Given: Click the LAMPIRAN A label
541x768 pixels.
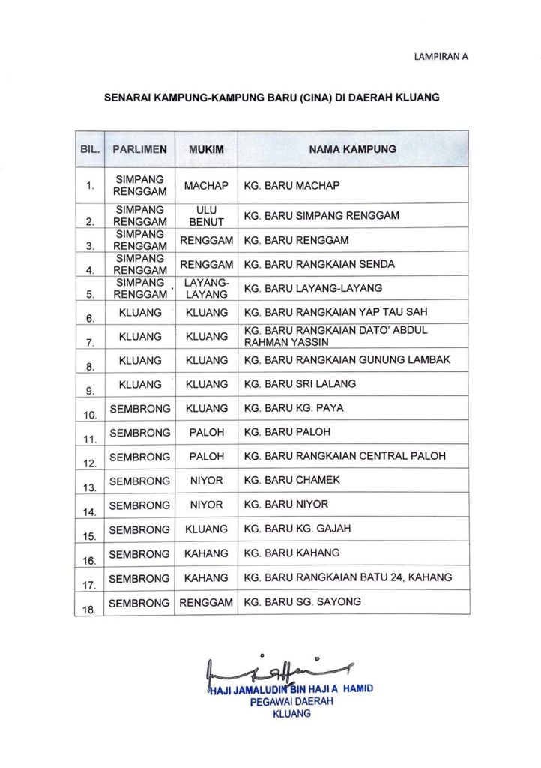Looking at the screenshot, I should pos(441,56).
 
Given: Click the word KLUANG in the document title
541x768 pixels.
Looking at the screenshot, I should pos(414,97).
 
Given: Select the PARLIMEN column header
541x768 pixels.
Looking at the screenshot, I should pos(139,149).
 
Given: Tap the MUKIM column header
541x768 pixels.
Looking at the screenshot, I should pos(206,149).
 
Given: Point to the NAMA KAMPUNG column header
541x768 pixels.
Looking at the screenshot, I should pos(353,149).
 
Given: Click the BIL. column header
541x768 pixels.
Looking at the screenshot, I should pos(90,149).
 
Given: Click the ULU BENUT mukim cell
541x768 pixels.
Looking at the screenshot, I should pos(206,216).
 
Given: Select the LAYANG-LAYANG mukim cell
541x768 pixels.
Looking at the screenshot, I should pos(206,288).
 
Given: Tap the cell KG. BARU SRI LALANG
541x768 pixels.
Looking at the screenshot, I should pos(300,384).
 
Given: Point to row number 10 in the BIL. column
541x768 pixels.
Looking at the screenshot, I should pos(89,414).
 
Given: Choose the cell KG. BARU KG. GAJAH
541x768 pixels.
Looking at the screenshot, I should pos(297,529).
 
